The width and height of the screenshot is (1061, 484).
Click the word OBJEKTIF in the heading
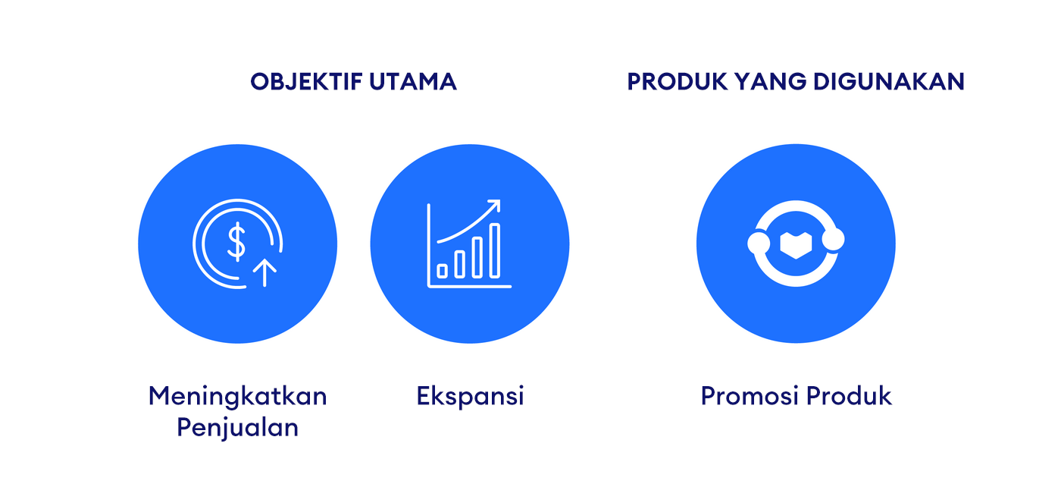(306, 81)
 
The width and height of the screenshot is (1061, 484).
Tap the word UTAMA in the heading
(412, 81)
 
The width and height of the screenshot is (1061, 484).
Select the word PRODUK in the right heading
(677, 81)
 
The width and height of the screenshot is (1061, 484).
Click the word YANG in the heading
(770, 81)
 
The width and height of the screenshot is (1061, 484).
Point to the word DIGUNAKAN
(888, 81)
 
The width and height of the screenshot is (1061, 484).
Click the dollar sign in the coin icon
(236, 242)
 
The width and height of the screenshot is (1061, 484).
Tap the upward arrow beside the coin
(264, 272)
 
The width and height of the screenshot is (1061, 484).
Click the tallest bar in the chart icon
(494, 250)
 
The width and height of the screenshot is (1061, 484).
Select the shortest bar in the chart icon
(443, 271)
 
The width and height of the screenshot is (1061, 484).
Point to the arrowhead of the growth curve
(494, 206)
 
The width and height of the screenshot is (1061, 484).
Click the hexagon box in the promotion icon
(796, 245)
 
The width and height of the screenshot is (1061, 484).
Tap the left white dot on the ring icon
(759, 243)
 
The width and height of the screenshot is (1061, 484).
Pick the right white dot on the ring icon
(833, 239)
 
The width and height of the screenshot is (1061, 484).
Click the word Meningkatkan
(238, 396)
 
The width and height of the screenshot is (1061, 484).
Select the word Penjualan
(238, 428)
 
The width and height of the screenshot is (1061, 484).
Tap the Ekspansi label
(471, 396)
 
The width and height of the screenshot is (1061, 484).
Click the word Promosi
(750, 396)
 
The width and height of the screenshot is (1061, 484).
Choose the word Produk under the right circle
(849, 396)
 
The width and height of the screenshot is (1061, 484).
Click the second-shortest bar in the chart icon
(459, 265)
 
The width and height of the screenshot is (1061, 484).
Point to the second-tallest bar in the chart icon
(477, 257)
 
